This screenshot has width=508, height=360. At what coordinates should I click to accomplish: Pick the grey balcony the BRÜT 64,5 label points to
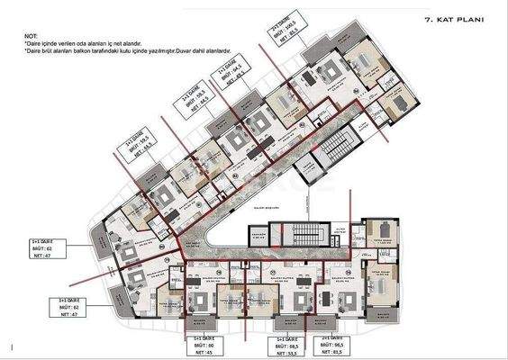(x=223, y=126)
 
